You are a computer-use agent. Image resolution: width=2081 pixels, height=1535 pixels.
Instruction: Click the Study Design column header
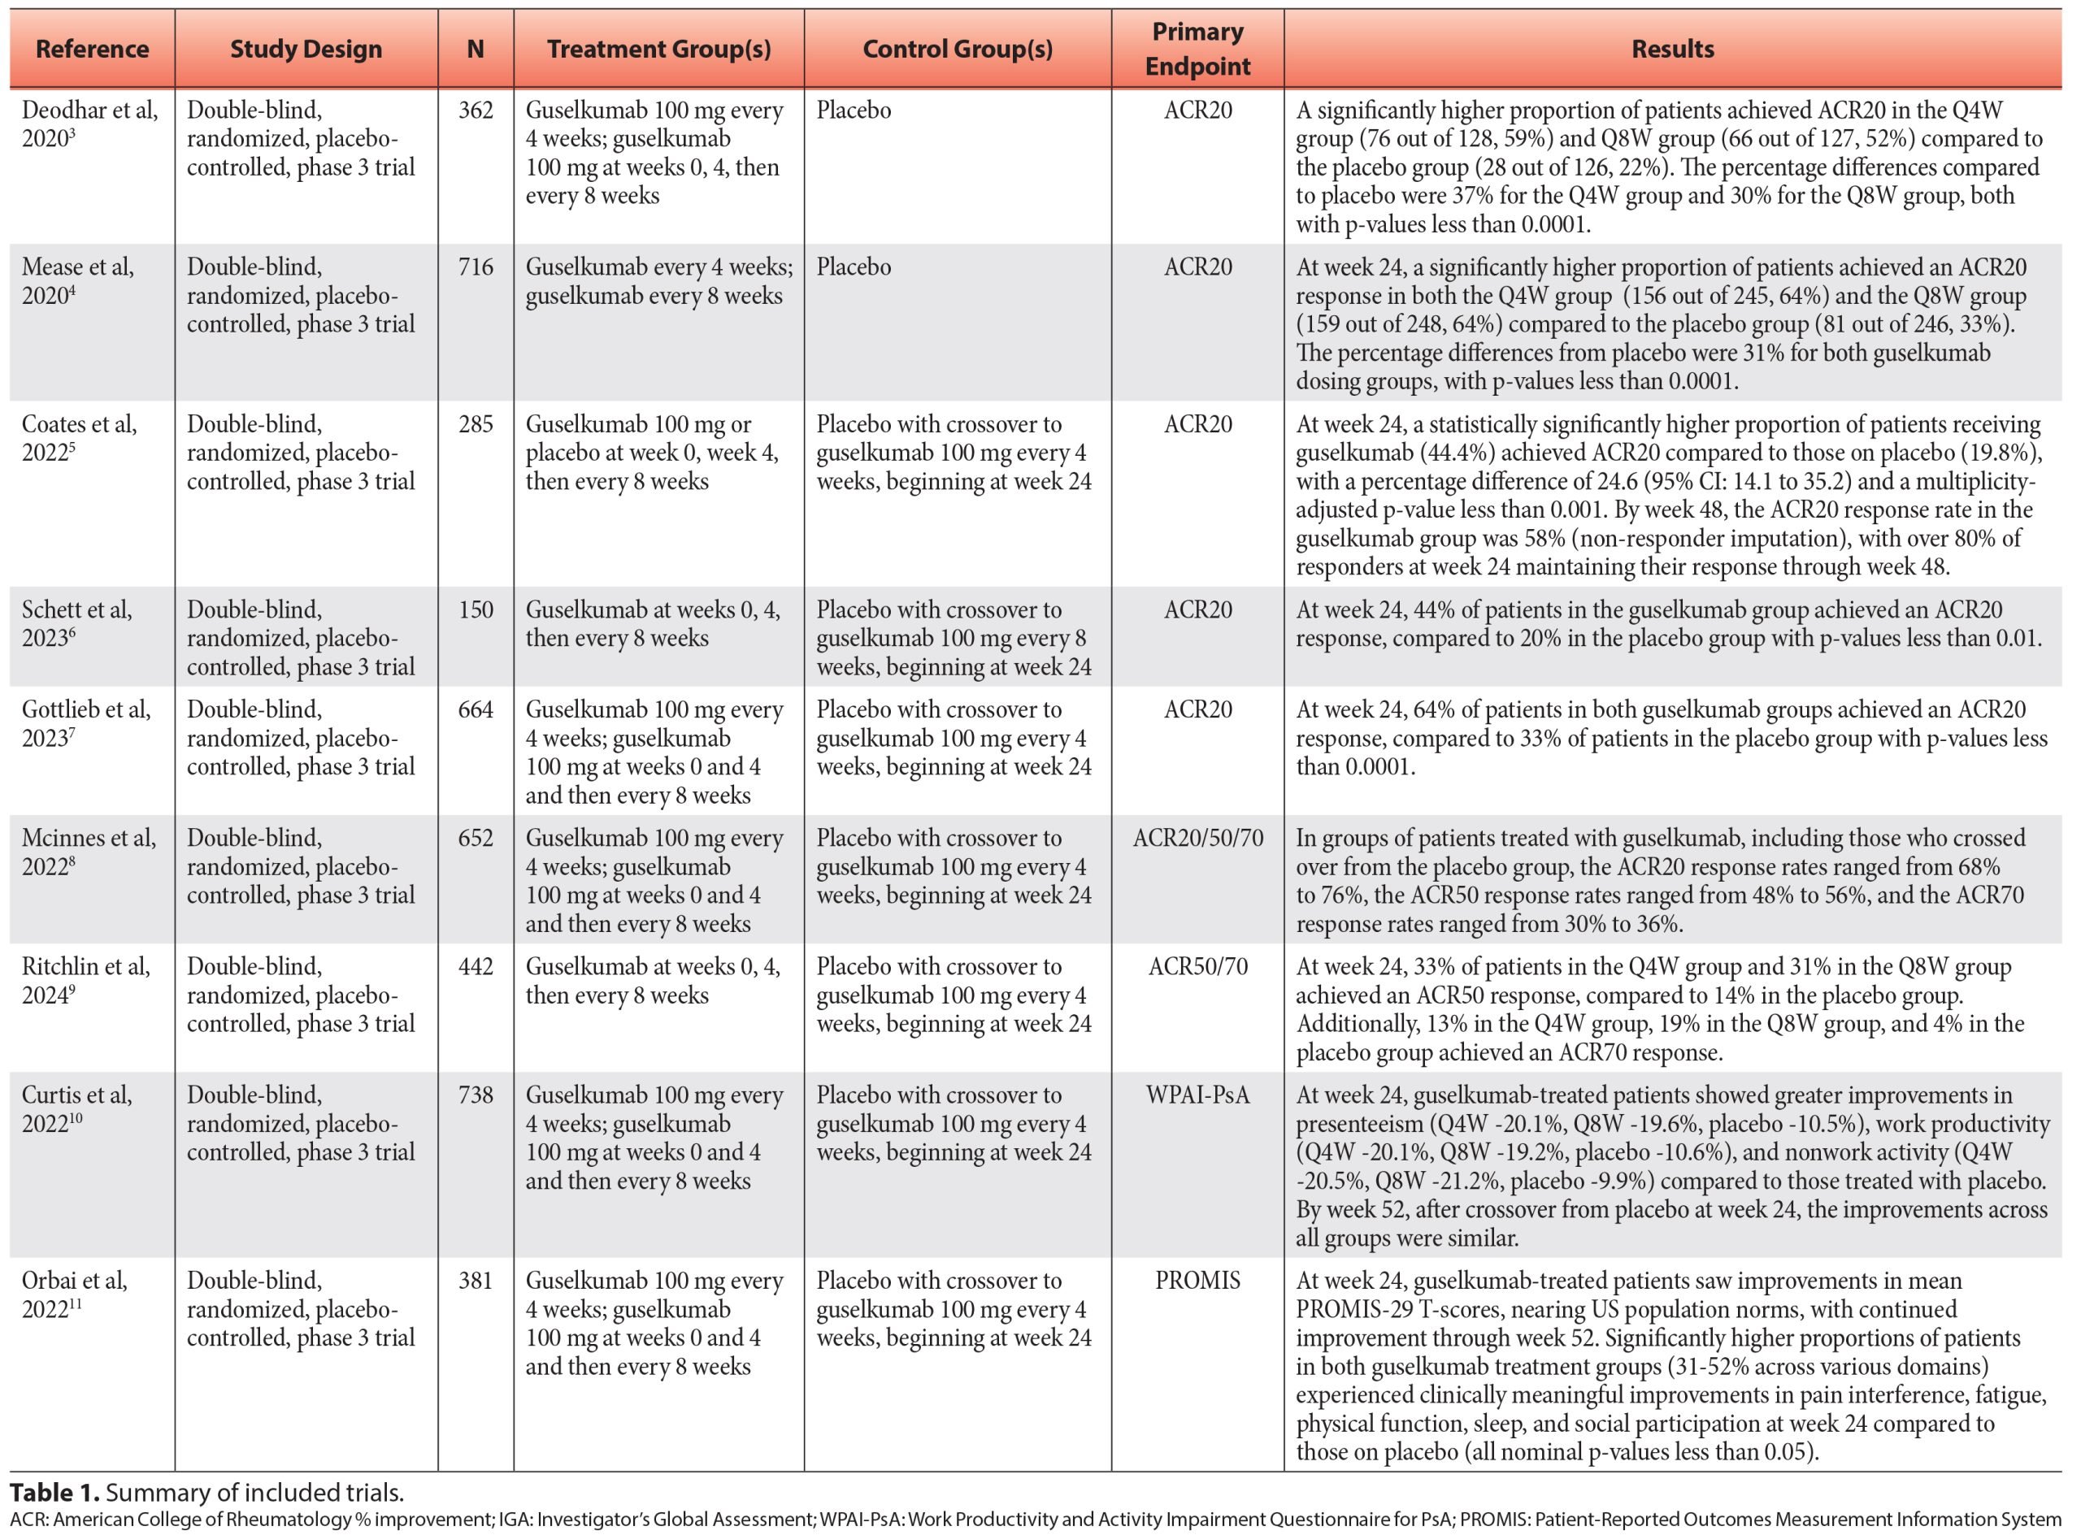306,50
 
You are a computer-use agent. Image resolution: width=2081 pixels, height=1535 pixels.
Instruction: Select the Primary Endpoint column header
1197,50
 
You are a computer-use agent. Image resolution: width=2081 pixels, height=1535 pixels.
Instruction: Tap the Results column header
1672,50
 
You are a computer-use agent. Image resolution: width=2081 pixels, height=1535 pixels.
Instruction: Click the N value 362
475,111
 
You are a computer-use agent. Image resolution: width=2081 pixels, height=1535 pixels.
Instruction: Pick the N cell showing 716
475,267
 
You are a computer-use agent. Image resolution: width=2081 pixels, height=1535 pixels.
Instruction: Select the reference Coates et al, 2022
80,439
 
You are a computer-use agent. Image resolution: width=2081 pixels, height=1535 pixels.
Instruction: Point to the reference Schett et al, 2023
77,623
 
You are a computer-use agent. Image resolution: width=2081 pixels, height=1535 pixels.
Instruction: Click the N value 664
475,710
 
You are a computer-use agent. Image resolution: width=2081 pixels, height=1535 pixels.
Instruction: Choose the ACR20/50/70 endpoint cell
1197,838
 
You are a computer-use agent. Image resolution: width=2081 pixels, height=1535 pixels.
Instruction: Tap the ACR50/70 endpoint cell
1197,966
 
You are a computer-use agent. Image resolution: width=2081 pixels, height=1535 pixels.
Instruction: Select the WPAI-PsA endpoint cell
1197,1095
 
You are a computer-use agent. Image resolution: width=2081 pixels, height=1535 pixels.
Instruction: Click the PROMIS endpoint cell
1197,1281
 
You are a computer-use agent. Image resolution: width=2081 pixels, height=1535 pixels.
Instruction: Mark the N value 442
475,966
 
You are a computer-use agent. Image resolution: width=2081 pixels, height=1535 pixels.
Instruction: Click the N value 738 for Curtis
475,1095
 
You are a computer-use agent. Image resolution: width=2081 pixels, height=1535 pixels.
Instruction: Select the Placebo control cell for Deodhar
854,111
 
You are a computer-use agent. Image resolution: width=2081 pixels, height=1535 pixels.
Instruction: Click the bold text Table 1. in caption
54,1494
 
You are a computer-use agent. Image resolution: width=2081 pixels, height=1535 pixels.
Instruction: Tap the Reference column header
92,50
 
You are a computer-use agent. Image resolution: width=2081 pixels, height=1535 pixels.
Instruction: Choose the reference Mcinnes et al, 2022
89,852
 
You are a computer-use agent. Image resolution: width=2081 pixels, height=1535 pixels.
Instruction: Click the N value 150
475,610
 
